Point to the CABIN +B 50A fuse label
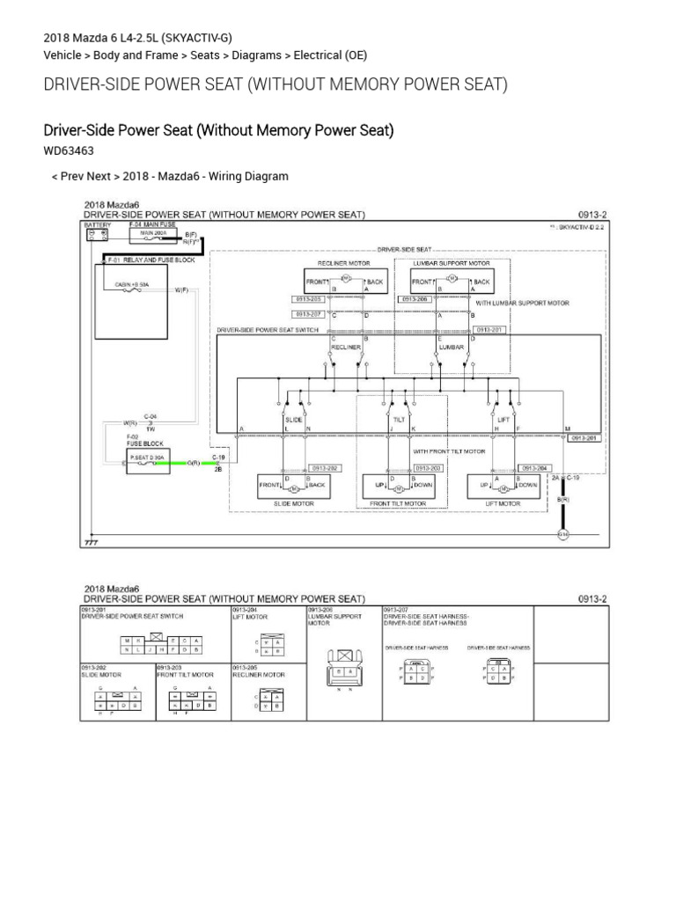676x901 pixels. pyautogui.click(x=132, y=285)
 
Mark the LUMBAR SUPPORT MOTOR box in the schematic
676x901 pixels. pyautogui.click(x=452, y=281)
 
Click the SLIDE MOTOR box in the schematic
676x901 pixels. pyautogui.click(x=282, y=486)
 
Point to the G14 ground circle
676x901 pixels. pyautogui.click(x=562, y=534)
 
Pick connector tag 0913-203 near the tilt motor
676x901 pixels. pyautogui.click(x=428, y=468)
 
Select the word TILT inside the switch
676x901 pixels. pyautogui.click(x=399, y=421)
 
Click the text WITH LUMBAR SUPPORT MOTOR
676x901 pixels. pyautogui.click(x=523, y=303)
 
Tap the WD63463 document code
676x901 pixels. pyautogui.click(x=69, y=151)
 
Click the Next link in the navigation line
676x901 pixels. pyautogui.click(x=99, y=176)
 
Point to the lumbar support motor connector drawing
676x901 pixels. pyautogui.click(x=343, y=670)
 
